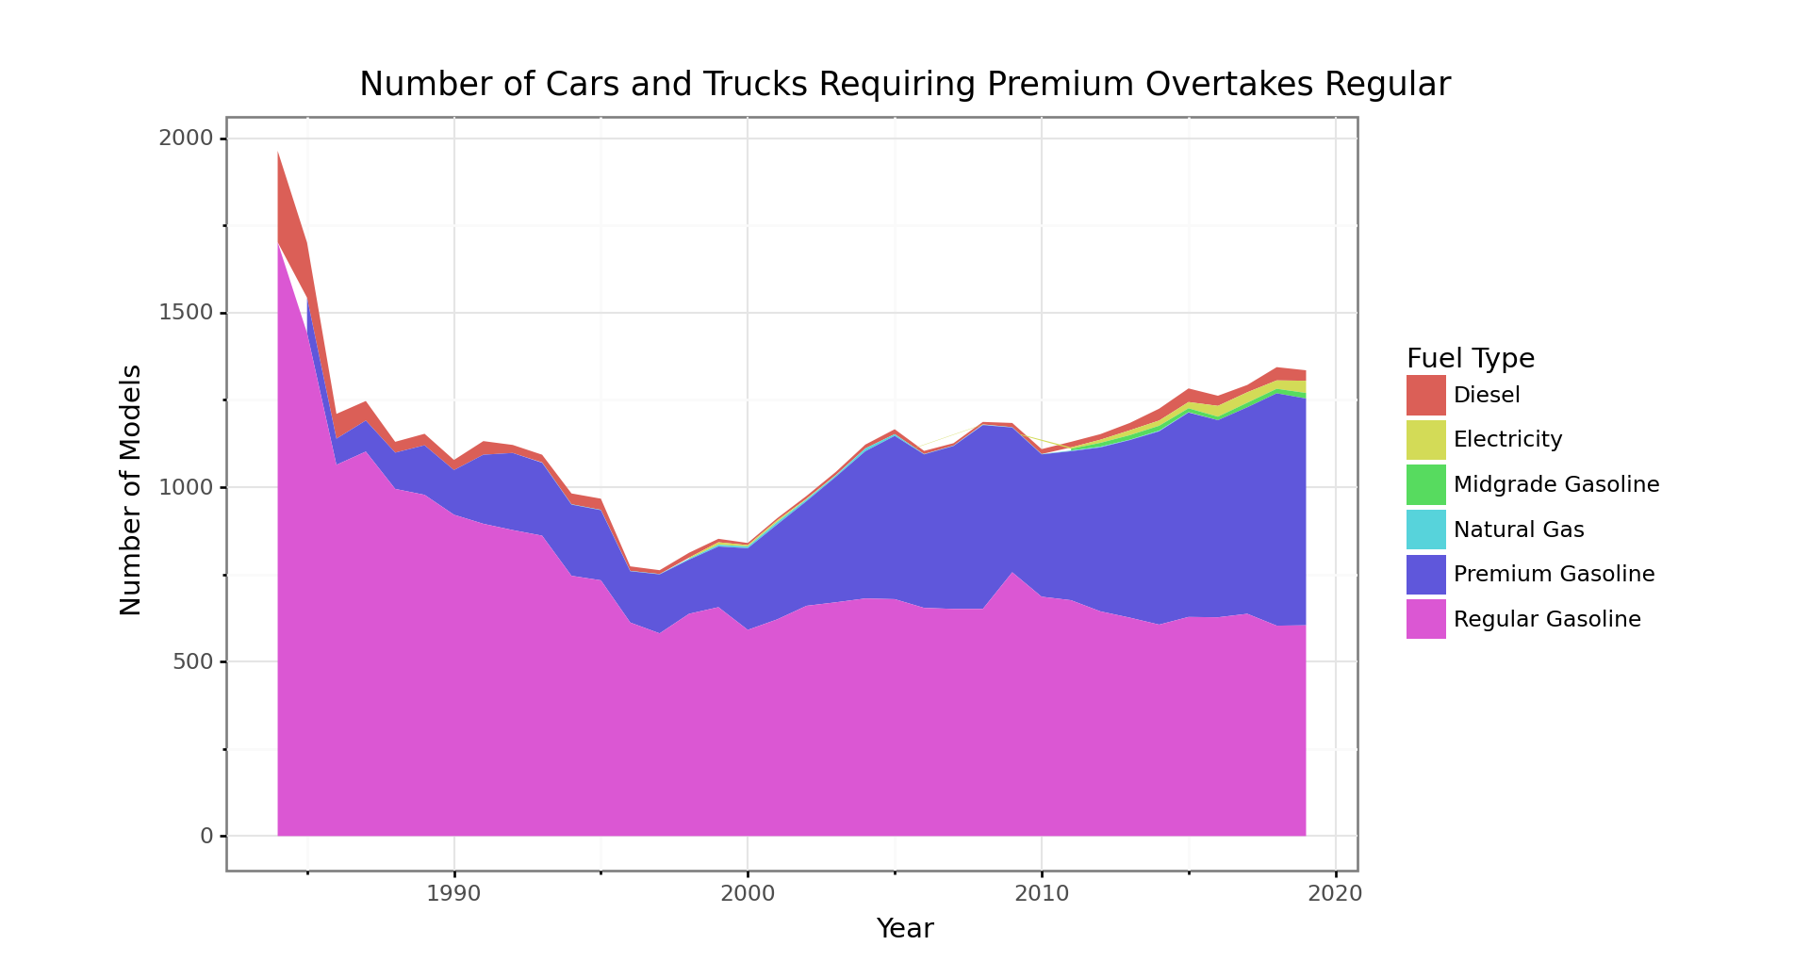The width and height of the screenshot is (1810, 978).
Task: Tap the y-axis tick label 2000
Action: [186, 139]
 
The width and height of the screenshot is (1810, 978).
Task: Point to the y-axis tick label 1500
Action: [186, 313]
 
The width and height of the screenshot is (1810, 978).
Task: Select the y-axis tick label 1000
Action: [186, 487]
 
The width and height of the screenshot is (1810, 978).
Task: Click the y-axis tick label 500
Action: [192, 661]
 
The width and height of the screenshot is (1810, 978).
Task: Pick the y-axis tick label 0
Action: [206, 836]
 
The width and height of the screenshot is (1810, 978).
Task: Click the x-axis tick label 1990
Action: [453, 894]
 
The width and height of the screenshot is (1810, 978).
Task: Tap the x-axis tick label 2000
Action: [748, 894]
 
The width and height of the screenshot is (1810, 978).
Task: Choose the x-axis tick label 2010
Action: [1042, 894]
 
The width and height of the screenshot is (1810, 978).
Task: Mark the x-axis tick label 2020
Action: [1335, 894]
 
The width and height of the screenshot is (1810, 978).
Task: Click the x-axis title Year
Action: [905, 929]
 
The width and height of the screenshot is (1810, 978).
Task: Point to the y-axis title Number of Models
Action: [131, 490]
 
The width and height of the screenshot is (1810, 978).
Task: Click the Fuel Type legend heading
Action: [1471, 359]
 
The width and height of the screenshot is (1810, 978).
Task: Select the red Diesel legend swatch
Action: [1425, 395]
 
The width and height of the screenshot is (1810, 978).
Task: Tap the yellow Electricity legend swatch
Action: [1425, 440]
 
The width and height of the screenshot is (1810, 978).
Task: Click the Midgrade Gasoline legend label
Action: [1555, 484]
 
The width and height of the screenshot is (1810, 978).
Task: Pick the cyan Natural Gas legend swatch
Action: [1425, 530]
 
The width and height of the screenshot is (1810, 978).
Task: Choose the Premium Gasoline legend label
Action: [1554, 574]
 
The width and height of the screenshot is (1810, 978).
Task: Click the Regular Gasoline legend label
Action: [1547, 619]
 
